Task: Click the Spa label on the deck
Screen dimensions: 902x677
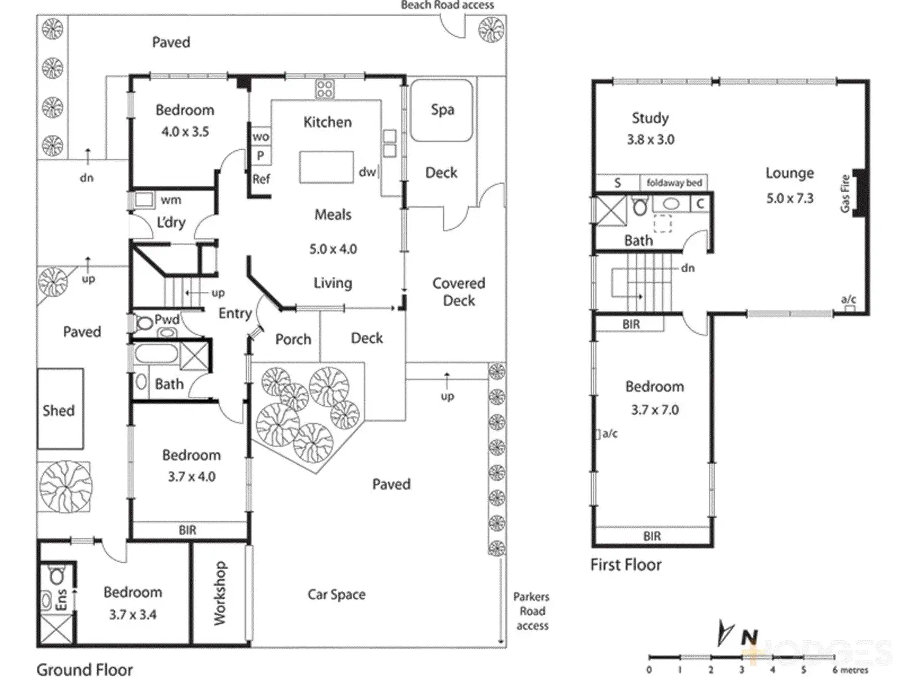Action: click(x=442, y=110)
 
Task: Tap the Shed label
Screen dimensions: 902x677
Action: click(x=59, y=410)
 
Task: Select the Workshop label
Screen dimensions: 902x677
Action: click(x=220, y=593)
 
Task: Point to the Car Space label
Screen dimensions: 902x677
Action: click(x=336, y=594)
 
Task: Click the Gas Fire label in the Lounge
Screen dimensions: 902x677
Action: click(x=846, y=194)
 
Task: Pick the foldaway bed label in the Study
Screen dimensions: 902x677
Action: click(x=674, y=183)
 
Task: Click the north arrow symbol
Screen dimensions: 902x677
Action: click(x=727, y=634)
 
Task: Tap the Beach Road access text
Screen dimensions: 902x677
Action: click(x=447, y=5)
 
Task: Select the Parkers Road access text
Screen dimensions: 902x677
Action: click(x=532, y=611)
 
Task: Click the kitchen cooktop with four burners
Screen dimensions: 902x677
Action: click(x=325, y=89)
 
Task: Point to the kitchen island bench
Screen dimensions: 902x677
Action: click(x=326, y=167)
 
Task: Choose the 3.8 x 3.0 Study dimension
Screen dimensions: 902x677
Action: click(x=650, y=140)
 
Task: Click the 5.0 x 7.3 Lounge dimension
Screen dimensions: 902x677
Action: click(x=790, y=198)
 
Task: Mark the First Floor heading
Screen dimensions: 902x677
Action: click(x=626, y=565)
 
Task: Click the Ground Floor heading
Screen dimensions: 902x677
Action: click(x=85, y=669)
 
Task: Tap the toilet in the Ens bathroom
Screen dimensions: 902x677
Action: click(x=57, y=575)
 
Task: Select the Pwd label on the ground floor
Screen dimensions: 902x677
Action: click(x=167, y=319)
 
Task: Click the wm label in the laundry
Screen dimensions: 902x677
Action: click(x=171, y=200)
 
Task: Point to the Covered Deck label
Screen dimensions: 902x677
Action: click(x=459, y=292)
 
